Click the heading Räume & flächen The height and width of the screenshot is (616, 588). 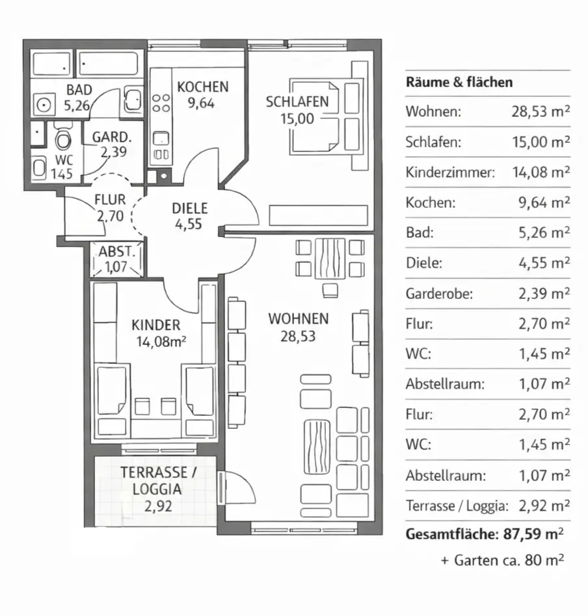click(459, 82)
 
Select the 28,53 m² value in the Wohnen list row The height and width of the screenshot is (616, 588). click(541, 112)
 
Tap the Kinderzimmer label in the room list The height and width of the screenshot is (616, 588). click(450, 172)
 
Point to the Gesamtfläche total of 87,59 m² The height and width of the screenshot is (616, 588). click(485, 534)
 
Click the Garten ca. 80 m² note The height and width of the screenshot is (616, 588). click(503, 560)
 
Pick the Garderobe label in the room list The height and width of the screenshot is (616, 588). click(439, 294)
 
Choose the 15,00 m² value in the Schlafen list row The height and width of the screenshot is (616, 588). click(541, 142)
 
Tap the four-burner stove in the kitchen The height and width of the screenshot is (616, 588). click(161, 103)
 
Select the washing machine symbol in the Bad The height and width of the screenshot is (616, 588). click(44, 105)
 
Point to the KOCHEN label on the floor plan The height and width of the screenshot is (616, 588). click(202, 87)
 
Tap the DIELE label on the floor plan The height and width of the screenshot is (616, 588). click(189, 208)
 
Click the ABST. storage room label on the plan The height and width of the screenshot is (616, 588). click(116, 251)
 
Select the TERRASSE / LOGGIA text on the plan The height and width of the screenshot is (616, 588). click(158, 480)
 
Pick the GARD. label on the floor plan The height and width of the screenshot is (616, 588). click(112, 137)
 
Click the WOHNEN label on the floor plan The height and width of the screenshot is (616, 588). click(299, 318)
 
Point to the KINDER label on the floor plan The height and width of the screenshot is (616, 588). click(155, 326)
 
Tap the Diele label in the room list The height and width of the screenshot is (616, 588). click(424, 263)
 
